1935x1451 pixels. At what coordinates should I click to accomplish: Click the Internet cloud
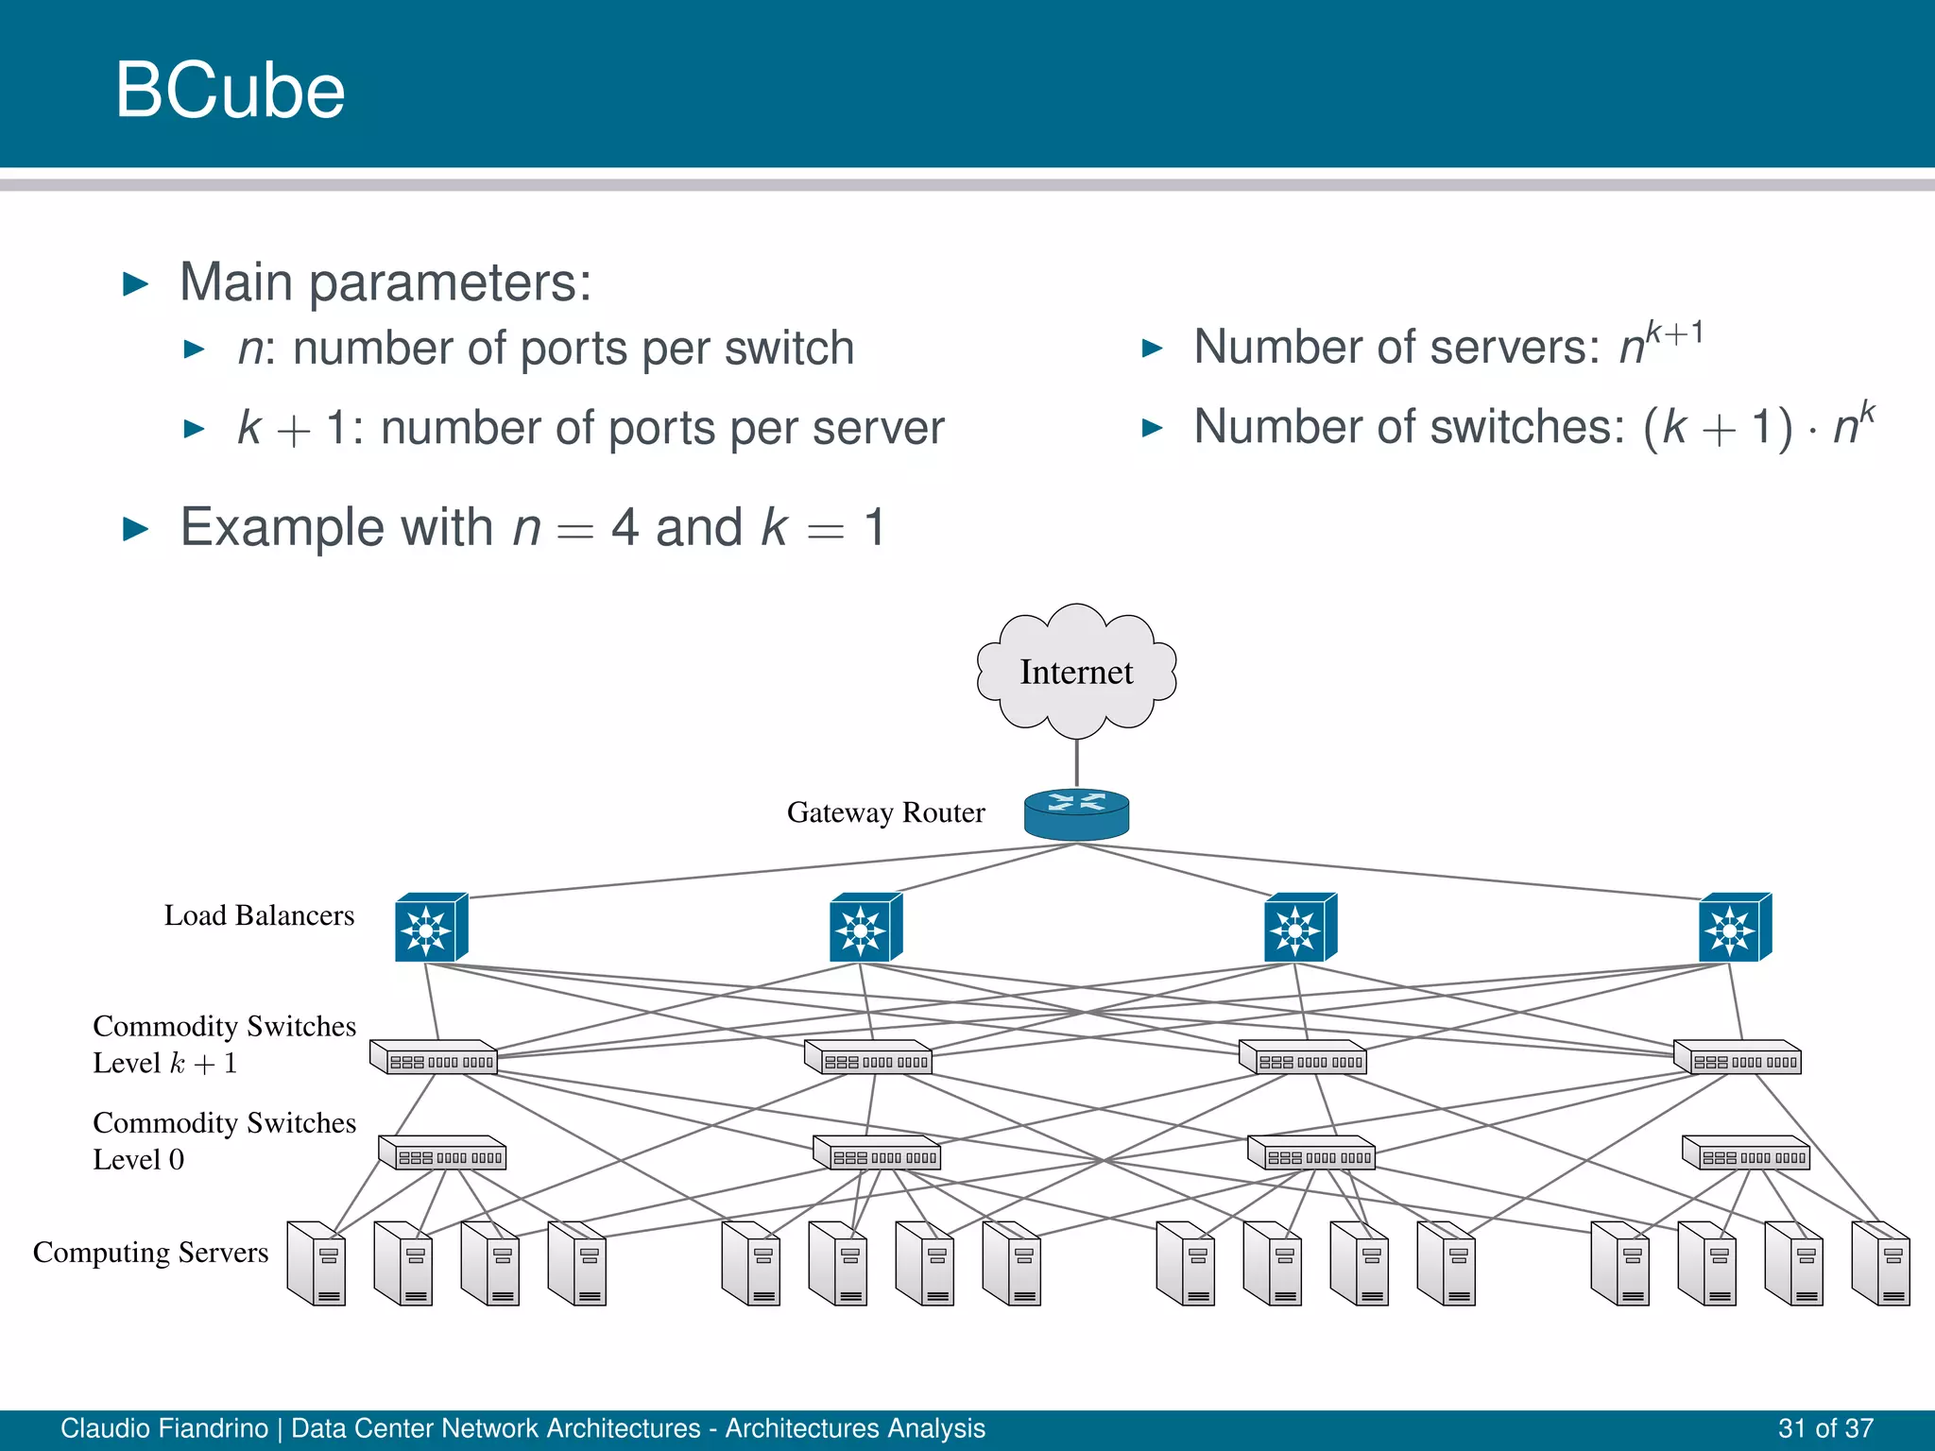(1076, 672)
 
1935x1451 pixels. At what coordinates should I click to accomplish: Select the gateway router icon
(1076, 813)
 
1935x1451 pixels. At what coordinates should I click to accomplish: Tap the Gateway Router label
(885, 812)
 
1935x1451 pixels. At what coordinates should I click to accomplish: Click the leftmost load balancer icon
(430, 928)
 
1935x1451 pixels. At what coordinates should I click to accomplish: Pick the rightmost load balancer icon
(1734, 928)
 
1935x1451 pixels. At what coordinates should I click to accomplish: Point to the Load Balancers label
(259, 915)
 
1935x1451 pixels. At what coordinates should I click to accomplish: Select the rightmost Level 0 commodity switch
(1746, 1152)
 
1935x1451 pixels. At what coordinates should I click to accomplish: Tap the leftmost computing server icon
(317, 1264)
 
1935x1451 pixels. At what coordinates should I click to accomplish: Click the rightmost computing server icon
(1880, 1264)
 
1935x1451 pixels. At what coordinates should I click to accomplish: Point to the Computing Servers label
(150, 1253)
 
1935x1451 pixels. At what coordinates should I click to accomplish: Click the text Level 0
(138, 1160)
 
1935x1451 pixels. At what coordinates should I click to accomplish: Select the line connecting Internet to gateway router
(1076, 761)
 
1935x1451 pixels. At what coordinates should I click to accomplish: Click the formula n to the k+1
(1660, 343)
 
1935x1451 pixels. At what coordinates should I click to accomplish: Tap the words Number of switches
(1408, 427)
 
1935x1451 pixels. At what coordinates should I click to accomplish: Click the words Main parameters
(385, 282)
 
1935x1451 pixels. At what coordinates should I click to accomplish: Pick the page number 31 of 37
(1824, 1428)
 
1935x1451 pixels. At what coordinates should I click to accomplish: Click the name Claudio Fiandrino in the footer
(164, 1428)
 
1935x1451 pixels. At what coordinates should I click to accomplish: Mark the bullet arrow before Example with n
(136, 529)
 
